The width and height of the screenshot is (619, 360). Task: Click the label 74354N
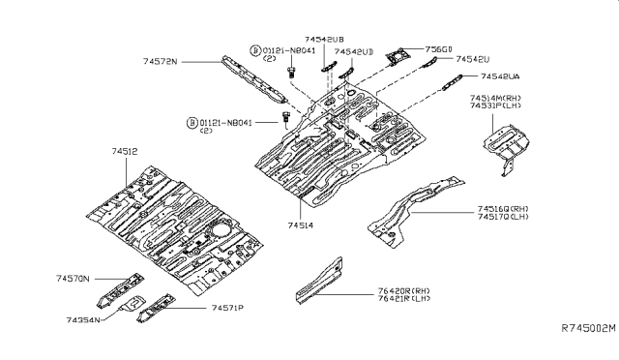point(85,318)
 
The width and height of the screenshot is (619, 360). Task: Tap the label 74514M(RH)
point(498,98)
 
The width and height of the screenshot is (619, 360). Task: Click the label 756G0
point(438,48)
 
